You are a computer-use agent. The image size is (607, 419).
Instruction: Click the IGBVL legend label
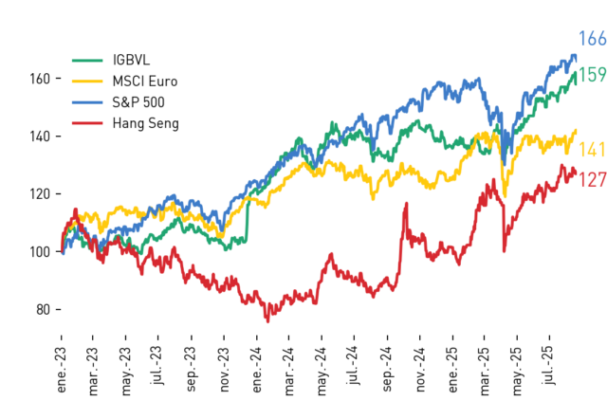[131, 60]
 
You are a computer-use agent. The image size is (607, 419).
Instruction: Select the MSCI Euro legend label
[145, 82]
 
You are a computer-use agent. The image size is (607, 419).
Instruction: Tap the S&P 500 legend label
[138, 102]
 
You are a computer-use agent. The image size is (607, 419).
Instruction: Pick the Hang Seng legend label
[146, 123]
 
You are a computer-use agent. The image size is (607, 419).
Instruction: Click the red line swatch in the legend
[87, 123]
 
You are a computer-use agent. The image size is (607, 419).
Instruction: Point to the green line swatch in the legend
[87, 60]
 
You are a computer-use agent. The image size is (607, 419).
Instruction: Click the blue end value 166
[592, 39]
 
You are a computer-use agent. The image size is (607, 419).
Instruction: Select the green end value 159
[592, 74]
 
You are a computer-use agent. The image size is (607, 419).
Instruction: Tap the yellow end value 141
[592, 150]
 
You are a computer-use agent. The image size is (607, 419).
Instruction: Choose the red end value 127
[592, 180]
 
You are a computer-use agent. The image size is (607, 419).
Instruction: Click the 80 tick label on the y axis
[43, 310]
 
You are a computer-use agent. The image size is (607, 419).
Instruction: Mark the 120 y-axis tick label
[40, 193]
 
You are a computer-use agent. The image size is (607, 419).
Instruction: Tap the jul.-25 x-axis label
[549, 365]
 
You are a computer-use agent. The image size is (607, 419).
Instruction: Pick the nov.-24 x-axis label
[421, 370]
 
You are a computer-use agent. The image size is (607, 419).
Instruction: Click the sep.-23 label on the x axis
[192, 370]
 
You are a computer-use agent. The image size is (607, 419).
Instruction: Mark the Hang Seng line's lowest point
[267, 321]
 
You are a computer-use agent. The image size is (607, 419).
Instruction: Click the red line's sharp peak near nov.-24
[406, 203]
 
